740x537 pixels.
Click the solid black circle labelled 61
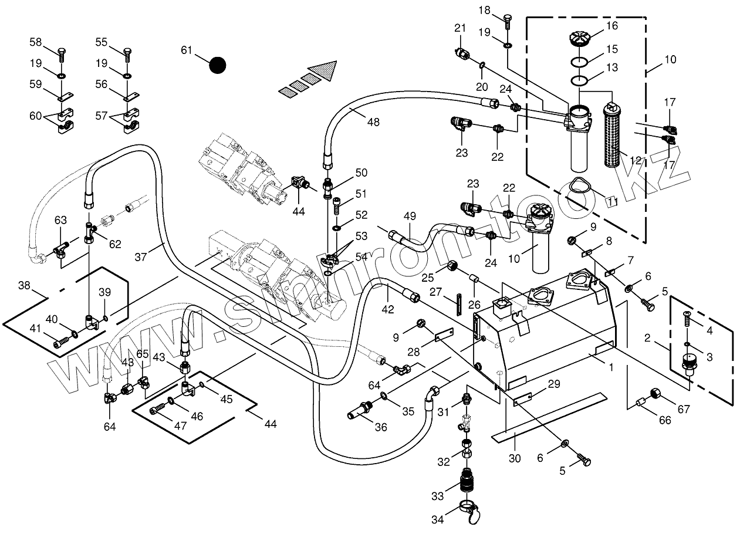[218, 65]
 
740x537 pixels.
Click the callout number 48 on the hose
[373, 122]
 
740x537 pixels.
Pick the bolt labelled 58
[62, 55]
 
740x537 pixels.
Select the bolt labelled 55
[126, 55]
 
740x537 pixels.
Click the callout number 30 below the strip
[515, 458]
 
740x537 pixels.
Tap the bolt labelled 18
[508, 19]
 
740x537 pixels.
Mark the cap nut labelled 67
[654, 394]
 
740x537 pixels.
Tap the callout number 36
[381, 427]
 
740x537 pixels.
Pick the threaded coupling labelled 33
[466, 480]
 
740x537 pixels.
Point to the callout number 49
[410, 217]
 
